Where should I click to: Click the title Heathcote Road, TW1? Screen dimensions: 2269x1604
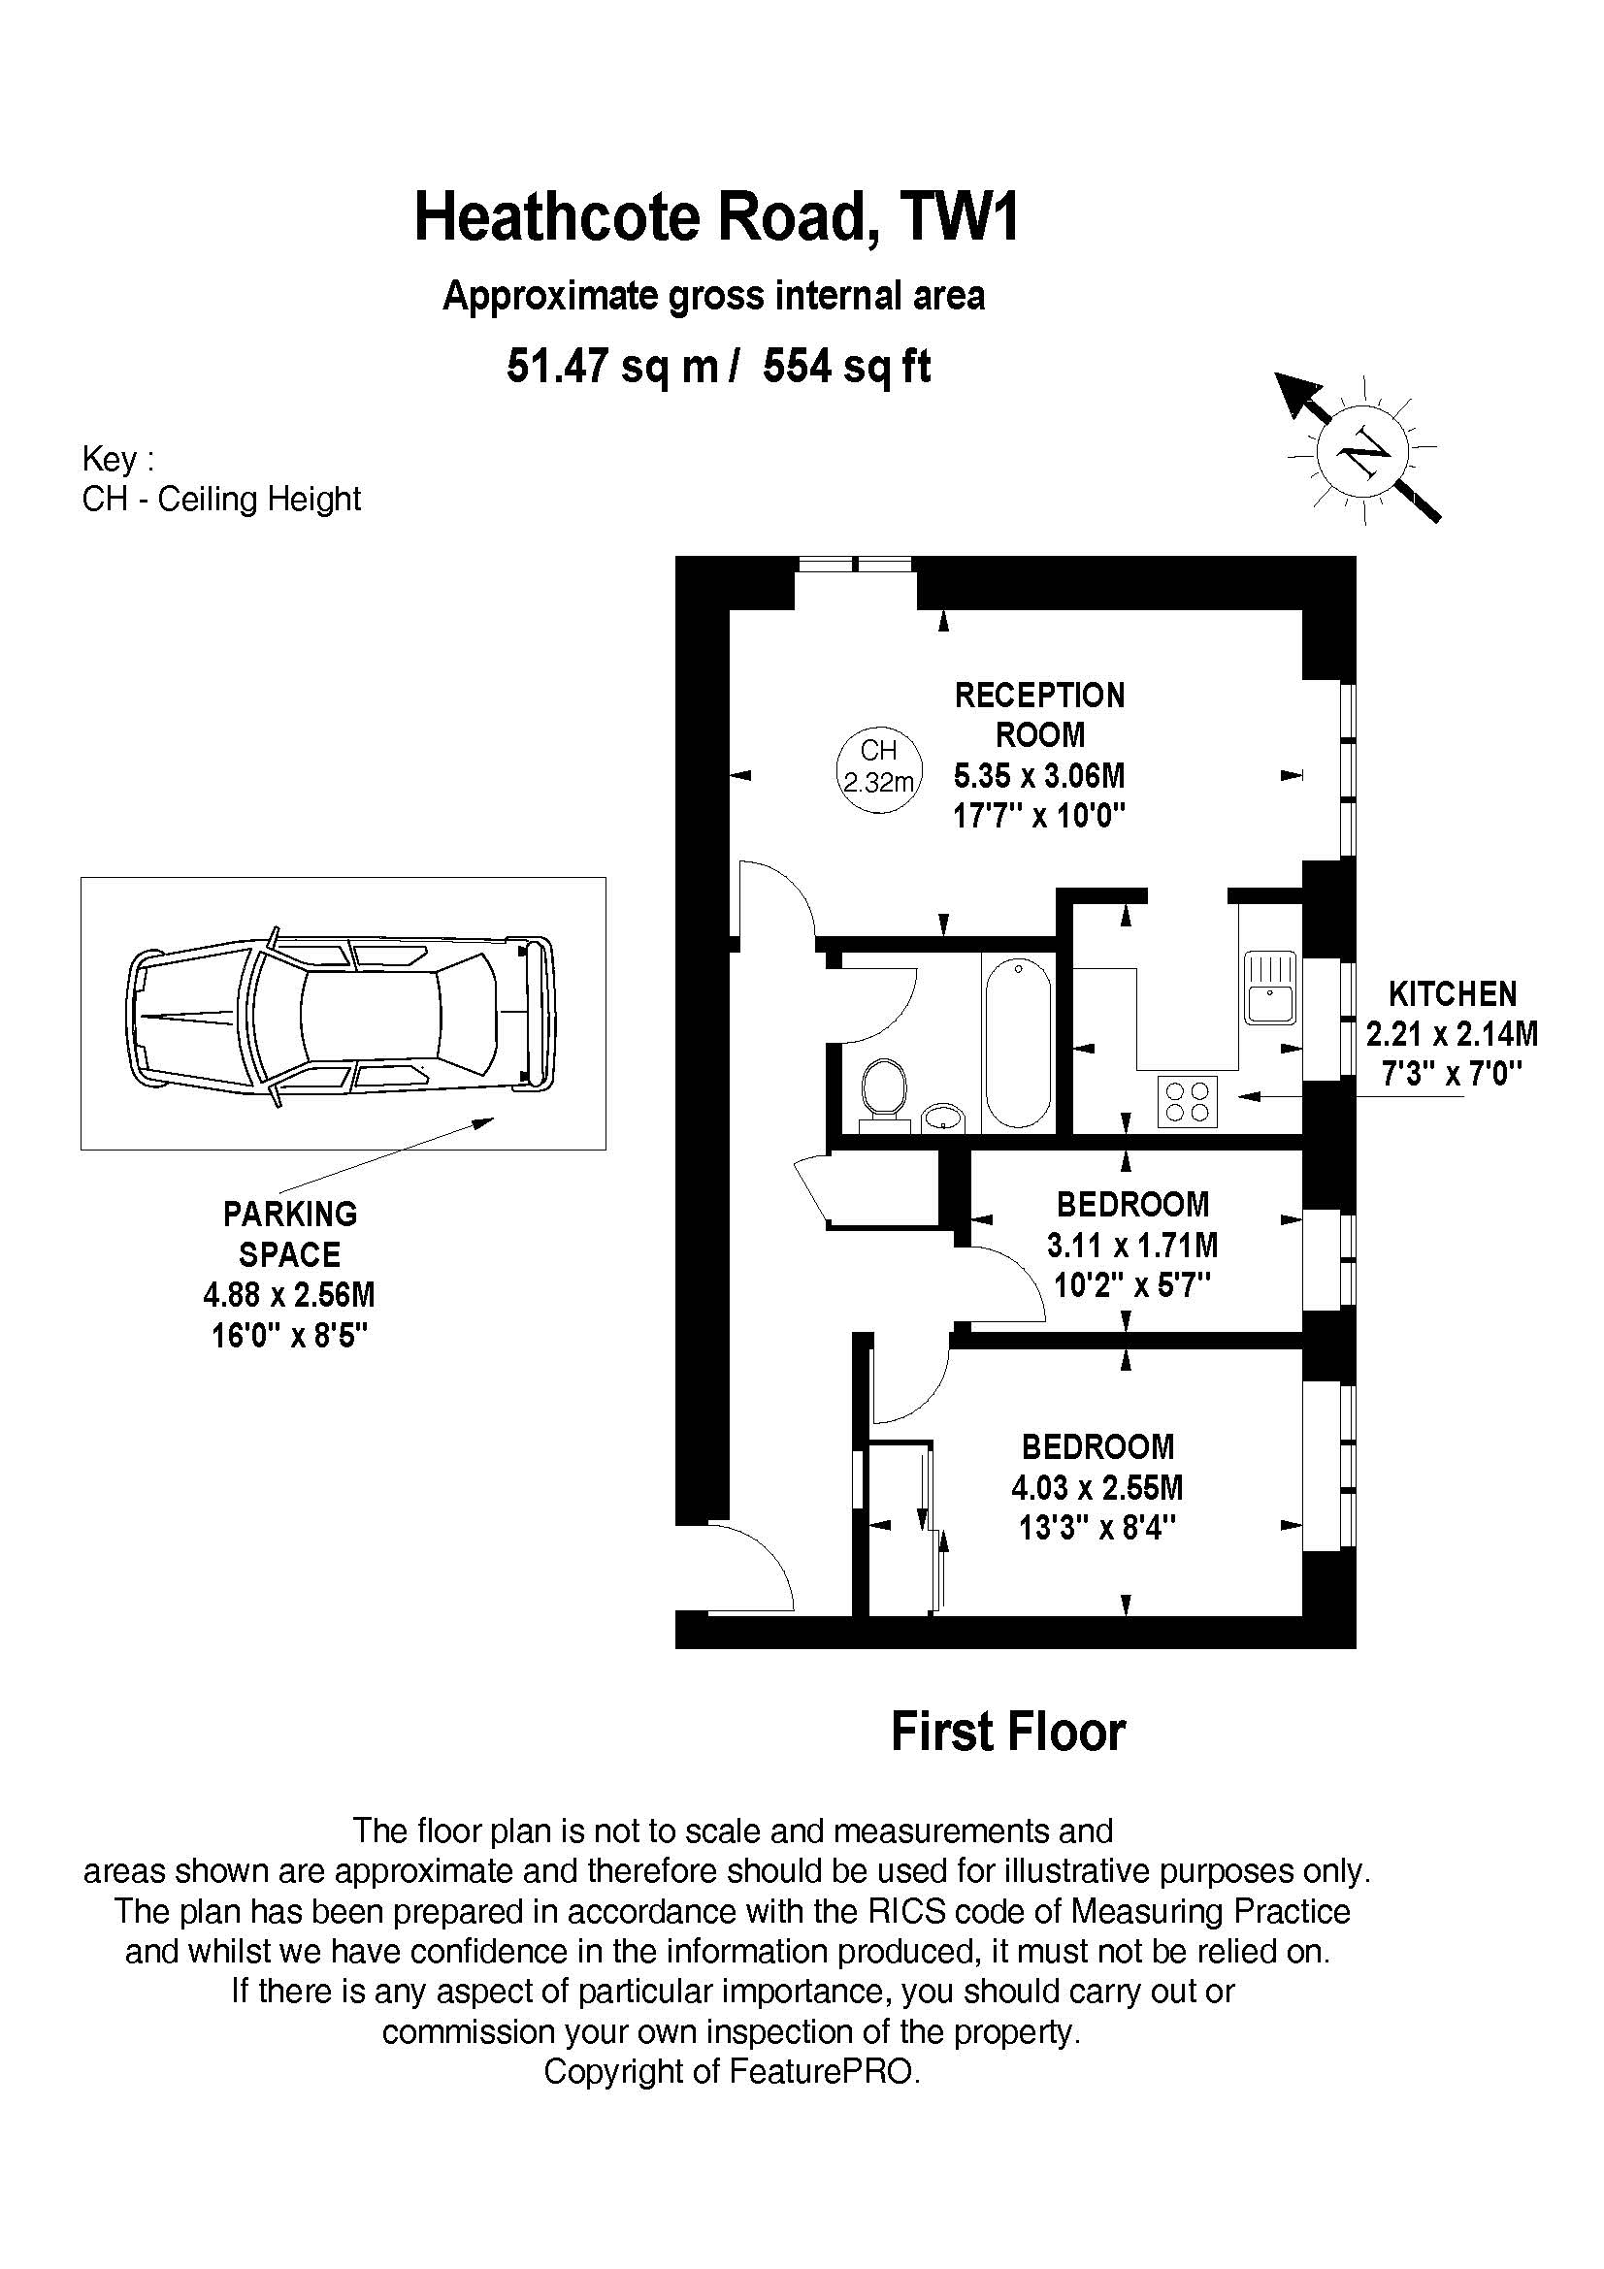pyautogui.click(x=715, y=218)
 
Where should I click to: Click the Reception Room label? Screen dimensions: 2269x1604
pyautogui.click(x=1038, y=715)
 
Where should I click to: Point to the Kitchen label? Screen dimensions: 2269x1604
pyautogui.click(x=1452, y=993)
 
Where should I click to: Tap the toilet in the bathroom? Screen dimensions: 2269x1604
pyautogui.click(x=884, y=1091)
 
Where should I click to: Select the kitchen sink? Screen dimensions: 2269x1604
pyautogui.click(x=1270, y=988)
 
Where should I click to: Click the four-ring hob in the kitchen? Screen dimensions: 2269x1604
pyautogui.click(x=1187, y=1101)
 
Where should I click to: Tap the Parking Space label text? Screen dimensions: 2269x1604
pyautogui.click(x=289, y=1233)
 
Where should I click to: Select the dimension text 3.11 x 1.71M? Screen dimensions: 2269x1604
pyautogui.click(x=1131, y=1245)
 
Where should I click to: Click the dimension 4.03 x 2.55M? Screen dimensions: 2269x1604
pyautogui.click(x=1097, y=1487)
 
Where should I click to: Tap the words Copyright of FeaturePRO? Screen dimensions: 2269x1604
pyautogui.click(x=732, y=2071)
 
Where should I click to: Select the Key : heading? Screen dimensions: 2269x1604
pyautogui.click(x=117, y=460)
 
